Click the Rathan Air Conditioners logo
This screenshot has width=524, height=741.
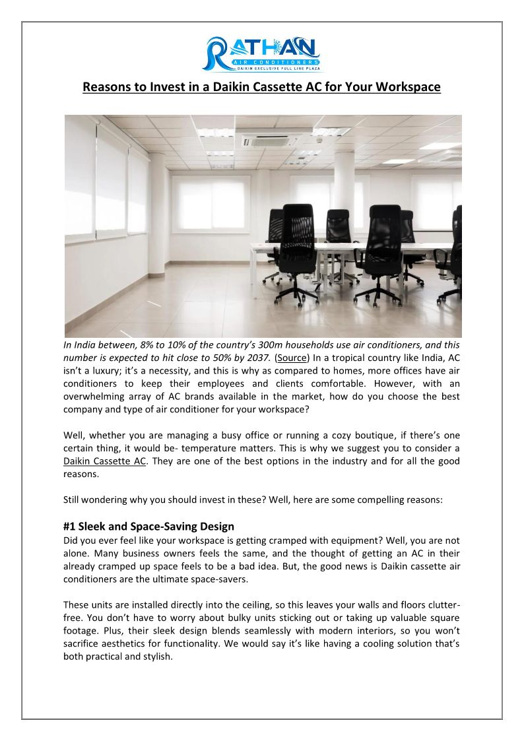click(262, 52)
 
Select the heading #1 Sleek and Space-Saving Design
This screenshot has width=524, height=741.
click(148, 527)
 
